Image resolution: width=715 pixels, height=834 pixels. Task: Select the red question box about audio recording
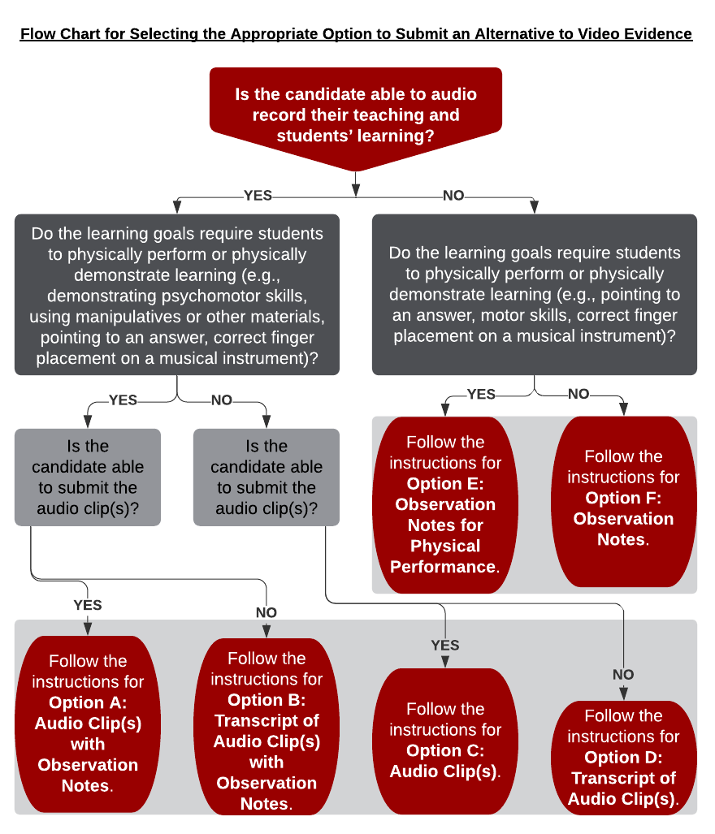click(x=356, y=115)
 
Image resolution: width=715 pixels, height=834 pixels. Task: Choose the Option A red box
click(x=88, y=723)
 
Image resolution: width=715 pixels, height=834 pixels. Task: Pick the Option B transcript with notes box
click(x=266, y=730)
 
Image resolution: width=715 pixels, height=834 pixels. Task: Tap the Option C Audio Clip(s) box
click(x=445, y=740)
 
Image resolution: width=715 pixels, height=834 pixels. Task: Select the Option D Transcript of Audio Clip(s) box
click(x=623, y=757)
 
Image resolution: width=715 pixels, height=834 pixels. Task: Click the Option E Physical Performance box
click(x=445, y=504)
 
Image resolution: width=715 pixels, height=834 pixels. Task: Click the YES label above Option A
click(x=88, y=605)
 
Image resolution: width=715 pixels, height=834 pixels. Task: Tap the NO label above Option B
click(x=266, y=612)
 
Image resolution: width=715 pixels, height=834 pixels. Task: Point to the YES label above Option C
click(x=445, y=645)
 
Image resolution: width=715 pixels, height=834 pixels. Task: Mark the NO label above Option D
click(x=623, y=674)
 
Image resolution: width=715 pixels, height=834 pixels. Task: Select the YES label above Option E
click(x=482, y=394)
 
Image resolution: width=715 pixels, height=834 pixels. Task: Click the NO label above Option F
click(x=578, y=394)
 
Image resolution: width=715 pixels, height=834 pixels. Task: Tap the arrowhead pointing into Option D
click(x=623, y=694)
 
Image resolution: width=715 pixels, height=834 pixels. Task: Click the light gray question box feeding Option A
click(x=88, y=477)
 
